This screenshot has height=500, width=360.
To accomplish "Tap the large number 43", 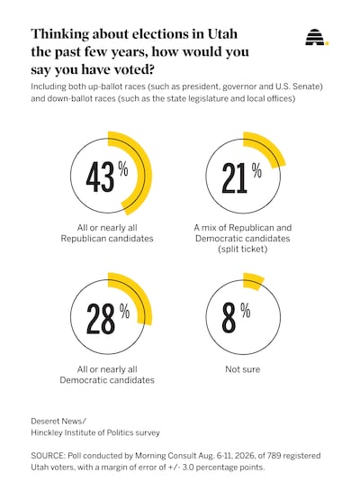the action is click(x=100, y=177).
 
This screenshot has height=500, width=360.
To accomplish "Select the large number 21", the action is click(x=234, y=178).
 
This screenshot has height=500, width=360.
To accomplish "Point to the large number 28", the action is click(x=101, y=318).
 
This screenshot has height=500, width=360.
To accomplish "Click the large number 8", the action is click(x=229, y=318).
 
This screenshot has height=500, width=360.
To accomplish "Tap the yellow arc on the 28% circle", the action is click(x=140, y=294).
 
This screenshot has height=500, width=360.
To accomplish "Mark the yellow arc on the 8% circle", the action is click(x=253, y=280).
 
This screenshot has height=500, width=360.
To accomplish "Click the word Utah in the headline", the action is click(x=222, y=34).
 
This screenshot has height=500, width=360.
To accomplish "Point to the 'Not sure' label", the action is click(x=243, y=369).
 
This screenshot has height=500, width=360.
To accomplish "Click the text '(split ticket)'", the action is click(x=243, y=249).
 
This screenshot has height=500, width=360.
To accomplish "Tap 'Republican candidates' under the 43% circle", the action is click(x=107, y=239).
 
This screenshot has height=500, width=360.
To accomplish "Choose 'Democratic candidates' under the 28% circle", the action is click(x=107, y=380).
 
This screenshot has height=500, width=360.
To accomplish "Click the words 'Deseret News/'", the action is click(x=58, y=421).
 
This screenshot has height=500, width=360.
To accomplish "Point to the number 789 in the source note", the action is click(x=274, y=456).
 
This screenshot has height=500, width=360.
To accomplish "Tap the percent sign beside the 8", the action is click(x=246, y=310).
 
